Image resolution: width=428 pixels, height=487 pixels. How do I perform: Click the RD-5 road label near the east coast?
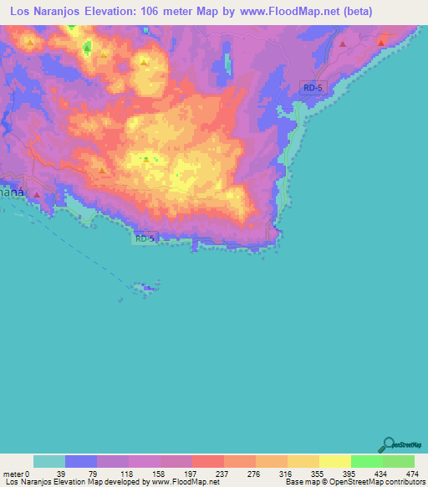tap(312, 88)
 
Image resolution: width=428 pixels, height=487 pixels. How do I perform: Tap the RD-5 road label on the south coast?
tap(145, 238)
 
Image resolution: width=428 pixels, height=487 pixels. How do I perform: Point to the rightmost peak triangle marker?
tap(381, 42)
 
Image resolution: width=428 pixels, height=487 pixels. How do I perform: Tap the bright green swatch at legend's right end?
tap(398, 461)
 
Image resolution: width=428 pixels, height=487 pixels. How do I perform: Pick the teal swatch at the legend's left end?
tap(49, 461)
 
